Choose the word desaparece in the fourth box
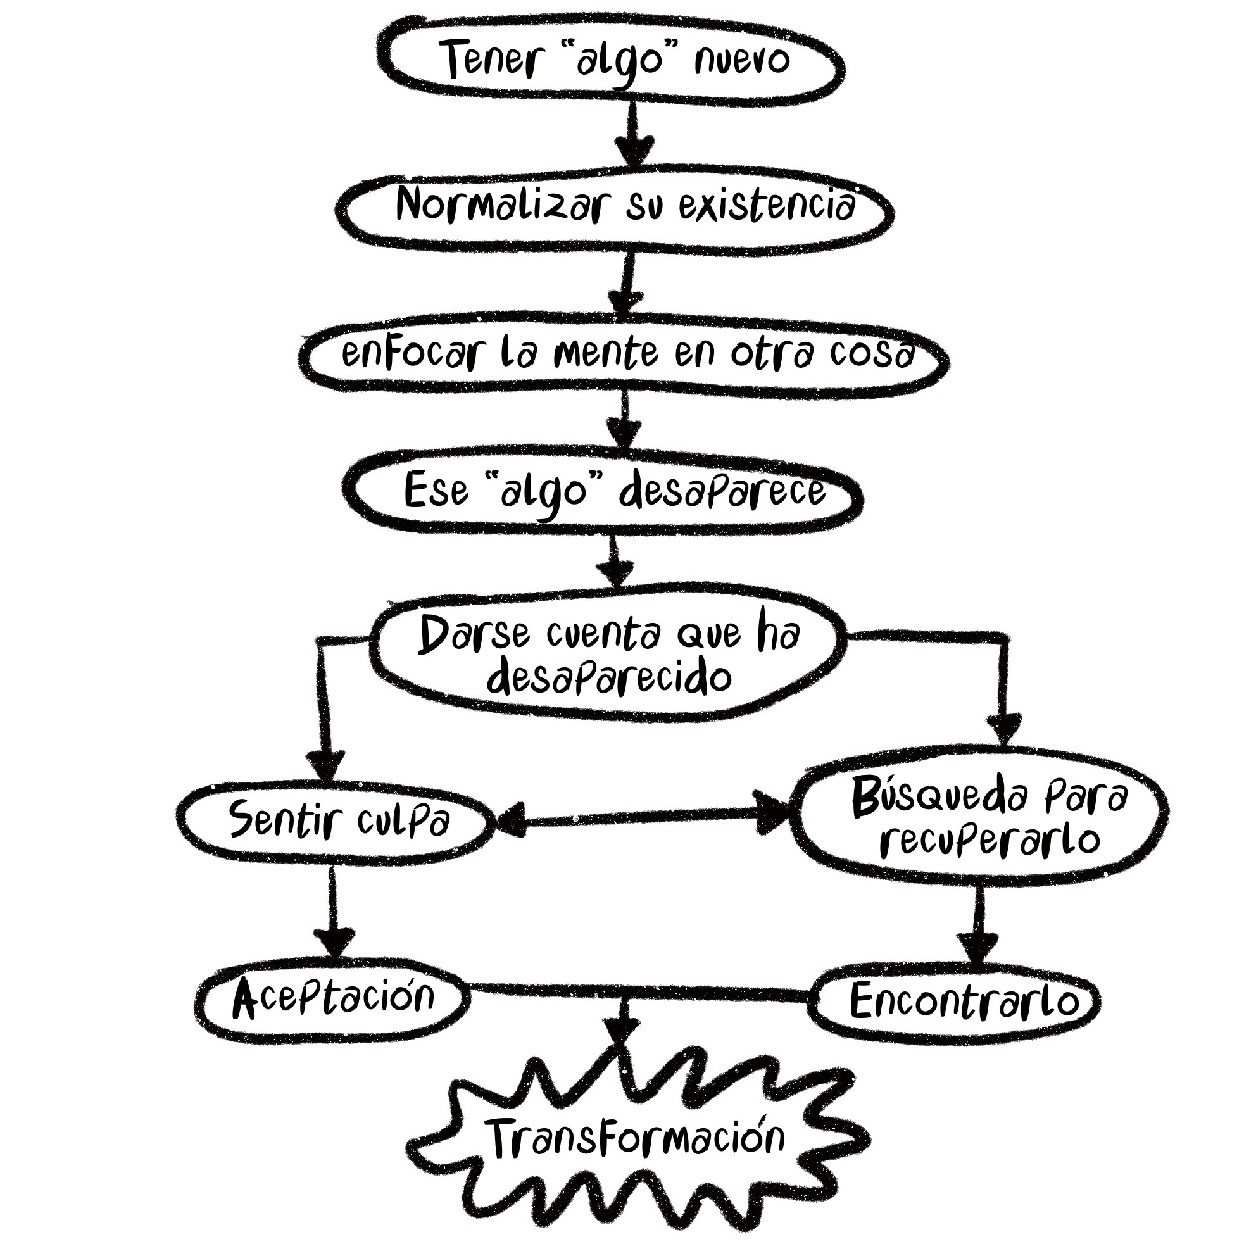coord(722,493)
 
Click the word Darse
coord(474,634)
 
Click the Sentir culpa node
coord(339,821)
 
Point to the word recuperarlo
coord(989,840)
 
